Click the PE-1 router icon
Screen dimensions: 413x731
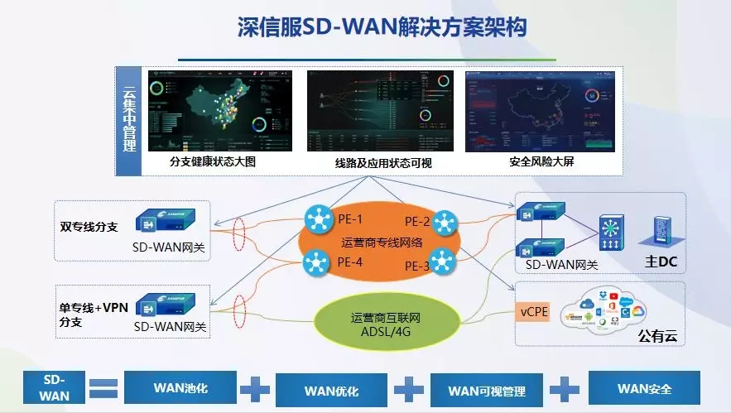[317, 219]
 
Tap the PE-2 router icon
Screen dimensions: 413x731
[444, 221]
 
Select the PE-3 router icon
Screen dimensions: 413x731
[444, 263]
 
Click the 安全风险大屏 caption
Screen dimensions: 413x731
[541, 161]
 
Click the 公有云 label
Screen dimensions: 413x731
[657, 335]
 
